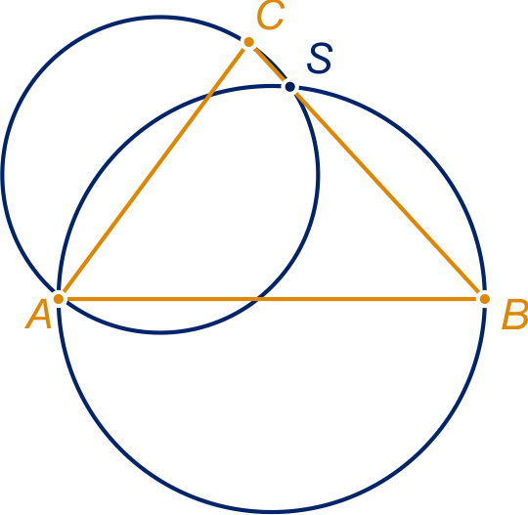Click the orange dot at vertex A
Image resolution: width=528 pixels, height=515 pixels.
pyautogui.click(x=59, y=299)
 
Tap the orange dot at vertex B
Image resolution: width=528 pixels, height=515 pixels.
pyautogui.click(x=485, y=299)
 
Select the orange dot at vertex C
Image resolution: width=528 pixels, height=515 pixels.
pyautogui.click(x=249, y=42)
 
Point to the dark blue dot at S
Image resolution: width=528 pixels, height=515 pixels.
pyautogui.click(x=290, y=87)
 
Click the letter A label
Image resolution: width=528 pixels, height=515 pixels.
pyautogui.click(x=38, y=314)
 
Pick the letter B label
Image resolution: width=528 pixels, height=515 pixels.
pyautogui.click(x=514, y=314)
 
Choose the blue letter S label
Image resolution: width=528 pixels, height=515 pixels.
pyautogui.click(x=320, y=59)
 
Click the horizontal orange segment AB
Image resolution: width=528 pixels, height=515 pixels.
pyautogui.click(x=272, y=299)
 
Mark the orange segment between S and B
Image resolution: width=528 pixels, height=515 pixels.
pyautogui.click(x=387, y=193)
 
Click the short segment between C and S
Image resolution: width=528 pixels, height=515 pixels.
pyautogui.click(x=270, y=64)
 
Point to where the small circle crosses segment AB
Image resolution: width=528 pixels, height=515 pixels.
pyautogui.click(x=257, y=299)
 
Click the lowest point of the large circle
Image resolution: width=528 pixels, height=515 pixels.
pyautogui.click(x=272, y=511)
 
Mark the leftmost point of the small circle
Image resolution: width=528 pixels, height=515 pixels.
pyautogui.click(x=2, y=175)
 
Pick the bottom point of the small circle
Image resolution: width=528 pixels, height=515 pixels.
pyautogui.click(x=160, y=332)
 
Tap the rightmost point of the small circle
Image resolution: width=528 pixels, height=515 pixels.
pyautogui.click(x=318, y=175)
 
